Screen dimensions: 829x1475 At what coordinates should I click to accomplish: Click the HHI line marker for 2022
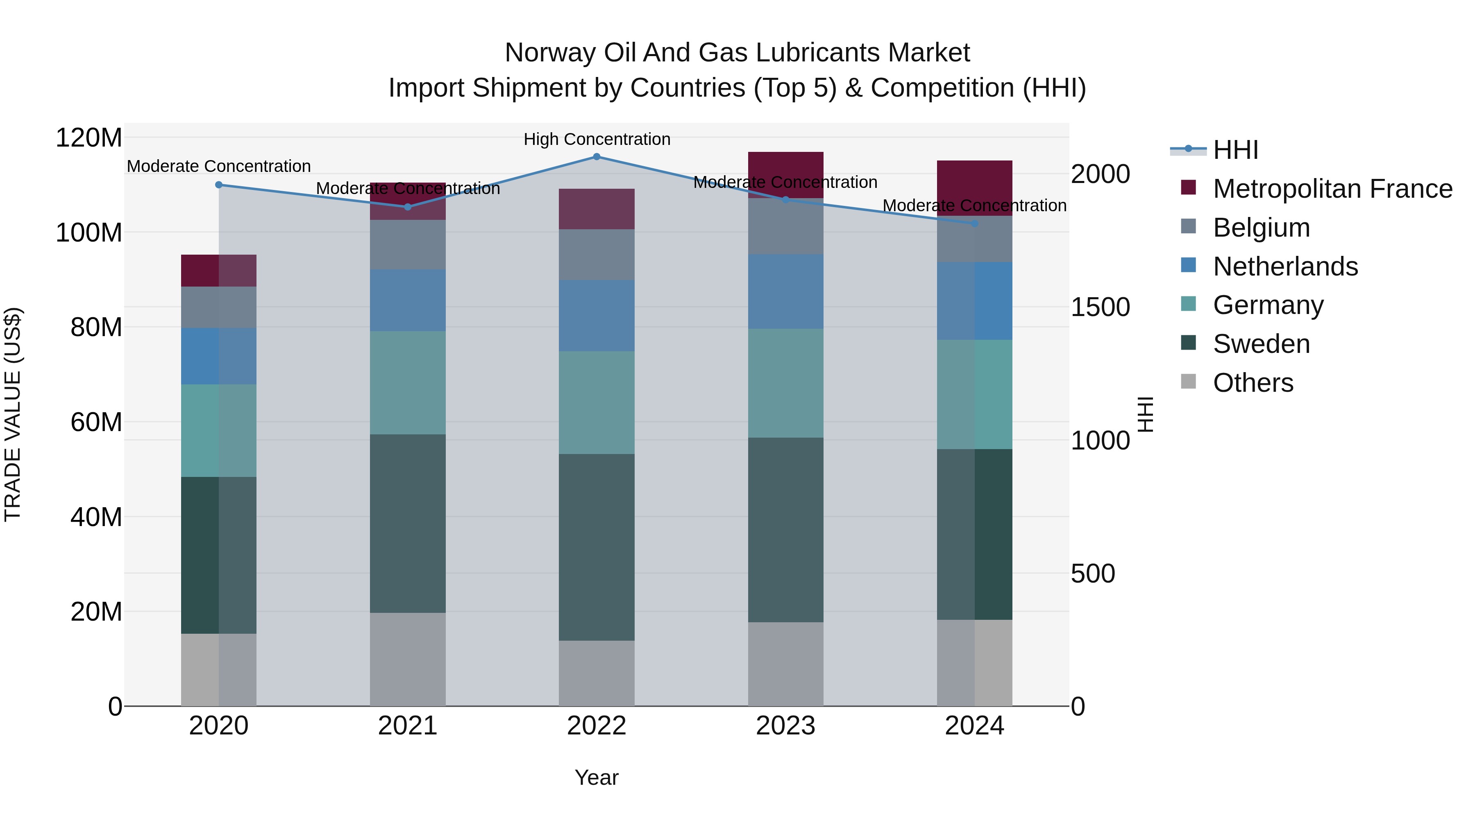click(x=596, y=157)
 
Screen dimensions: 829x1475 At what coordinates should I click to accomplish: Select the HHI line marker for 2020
click(x=219, y=185)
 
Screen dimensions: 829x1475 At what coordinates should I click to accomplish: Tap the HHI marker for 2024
click(x=975, y=224)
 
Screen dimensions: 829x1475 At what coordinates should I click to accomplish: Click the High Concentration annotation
click(x=597, y=140)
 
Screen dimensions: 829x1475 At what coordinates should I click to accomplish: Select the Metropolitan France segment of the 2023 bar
click(x=785, y=175)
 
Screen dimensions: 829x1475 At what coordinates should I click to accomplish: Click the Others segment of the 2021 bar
click(x=408, y=659)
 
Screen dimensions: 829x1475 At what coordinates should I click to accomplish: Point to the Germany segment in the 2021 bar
click(x=408, y=382)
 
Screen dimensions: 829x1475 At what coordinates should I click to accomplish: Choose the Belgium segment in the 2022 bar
click(x=596, y=255)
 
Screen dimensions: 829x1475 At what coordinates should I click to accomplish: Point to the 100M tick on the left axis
click(x=89, y=233)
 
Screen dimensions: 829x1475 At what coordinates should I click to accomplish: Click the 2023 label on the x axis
click(x=785, y=726)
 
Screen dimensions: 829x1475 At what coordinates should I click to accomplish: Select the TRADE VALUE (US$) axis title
click(x=13, y=414)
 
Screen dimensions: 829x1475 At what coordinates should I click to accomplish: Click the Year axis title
click(x=596, y=777)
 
